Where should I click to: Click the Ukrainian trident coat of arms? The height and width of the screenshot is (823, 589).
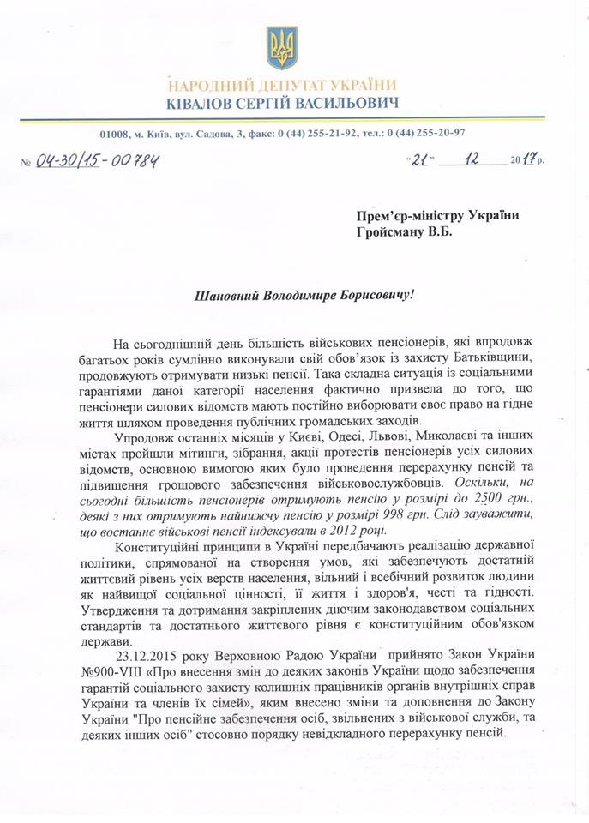[x=282, y=47]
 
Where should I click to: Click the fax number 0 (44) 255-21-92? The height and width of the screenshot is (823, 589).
[x=322, y=133]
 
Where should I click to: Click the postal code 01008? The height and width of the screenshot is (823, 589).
[x=114, y=133]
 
